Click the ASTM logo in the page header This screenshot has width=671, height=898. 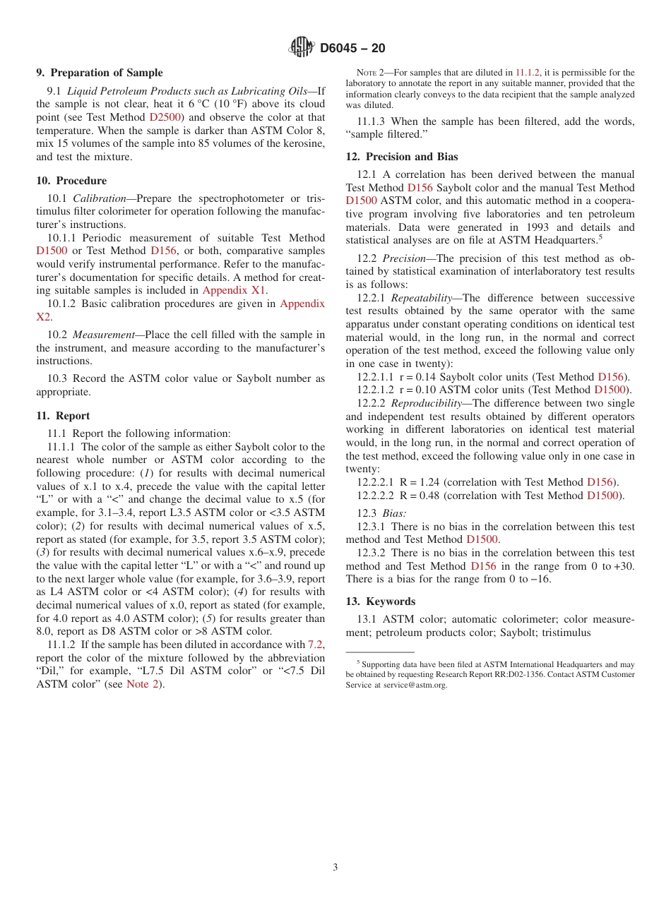302,48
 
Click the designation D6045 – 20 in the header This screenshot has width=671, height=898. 352,49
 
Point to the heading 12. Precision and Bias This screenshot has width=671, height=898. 401,157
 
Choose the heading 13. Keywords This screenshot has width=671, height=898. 380,601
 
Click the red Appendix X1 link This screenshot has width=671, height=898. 234,290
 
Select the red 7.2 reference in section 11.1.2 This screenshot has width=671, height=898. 316,645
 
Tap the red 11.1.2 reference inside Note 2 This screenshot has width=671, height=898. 527,73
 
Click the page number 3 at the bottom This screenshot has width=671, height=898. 335,868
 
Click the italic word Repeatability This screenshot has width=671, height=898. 421,298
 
